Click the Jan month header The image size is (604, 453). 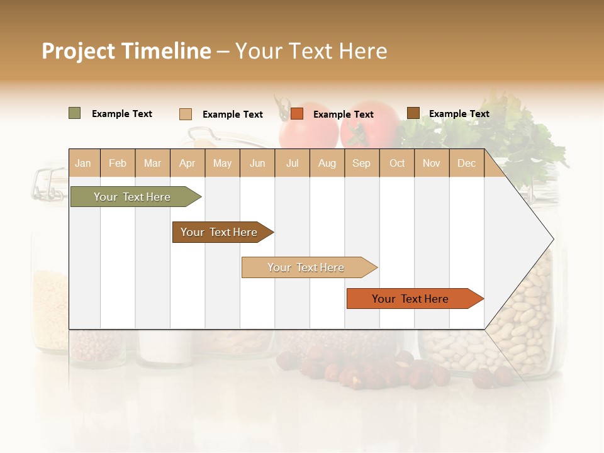tap(83, 163)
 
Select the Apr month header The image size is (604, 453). tap(187, 163)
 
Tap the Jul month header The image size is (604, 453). tap(292, 163)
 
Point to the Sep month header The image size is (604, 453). tap(361, 163)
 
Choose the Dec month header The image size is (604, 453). tap(466, 163)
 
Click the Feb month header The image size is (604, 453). tap(118, 163)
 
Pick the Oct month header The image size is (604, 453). tap(397, 163)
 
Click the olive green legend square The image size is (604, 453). tap(75, 113)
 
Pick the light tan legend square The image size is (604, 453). tap(186, 114)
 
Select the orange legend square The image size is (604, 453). tap(297, 113)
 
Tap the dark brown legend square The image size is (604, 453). tap(413, 113)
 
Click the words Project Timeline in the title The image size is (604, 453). tap(126, 51)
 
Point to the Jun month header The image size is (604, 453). tap(257, 163)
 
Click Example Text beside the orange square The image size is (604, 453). tap(343, 114)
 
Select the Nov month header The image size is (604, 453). tap(432, 163)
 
